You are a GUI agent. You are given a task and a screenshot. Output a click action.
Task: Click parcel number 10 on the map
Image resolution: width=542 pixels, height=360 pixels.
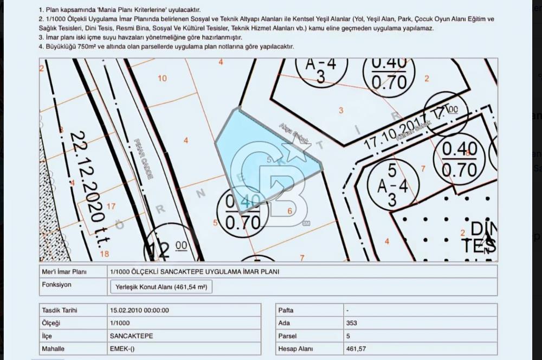coord(162,78)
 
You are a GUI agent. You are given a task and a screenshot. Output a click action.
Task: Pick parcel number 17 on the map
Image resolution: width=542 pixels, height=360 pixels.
coord(111,206)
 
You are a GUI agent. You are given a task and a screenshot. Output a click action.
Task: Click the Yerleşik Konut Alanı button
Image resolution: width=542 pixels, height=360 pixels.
coord(161,287)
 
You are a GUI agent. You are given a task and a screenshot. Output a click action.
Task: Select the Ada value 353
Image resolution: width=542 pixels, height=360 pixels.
coord(351,323)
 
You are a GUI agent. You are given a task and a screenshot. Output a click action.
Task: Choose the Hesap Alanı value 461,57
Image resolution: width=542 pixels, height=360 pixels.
coord(356,349)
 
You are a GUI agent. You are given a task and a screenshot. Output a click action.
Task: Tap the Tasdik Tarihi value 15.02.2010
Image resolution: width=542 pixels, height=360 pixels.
coord(139,310)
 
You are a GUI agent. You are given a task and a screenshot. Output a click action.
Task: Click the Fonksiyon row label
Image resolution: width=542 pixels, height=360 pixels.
coord(56,285)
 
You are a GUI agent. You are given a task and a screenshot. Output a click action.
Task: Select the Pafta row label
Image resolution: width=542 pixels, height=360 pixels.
coord(286,310)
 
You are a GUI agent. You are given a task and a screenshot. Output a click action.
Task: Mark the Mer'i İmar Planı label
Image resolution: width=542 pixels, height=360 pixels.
coord(64,272)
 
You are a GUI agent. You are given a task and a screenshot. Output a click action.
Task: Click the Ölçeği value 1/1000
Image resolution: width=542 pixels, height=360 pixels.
coord(119,323)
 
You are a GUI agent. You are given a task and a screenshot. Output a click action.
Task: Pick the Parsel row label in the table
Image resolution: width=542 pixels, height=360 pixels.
coord(287,336)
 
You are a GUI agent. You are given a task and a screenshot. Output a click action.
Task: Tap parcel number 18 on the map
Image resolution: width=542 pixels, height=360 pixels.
coord(105,254)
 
